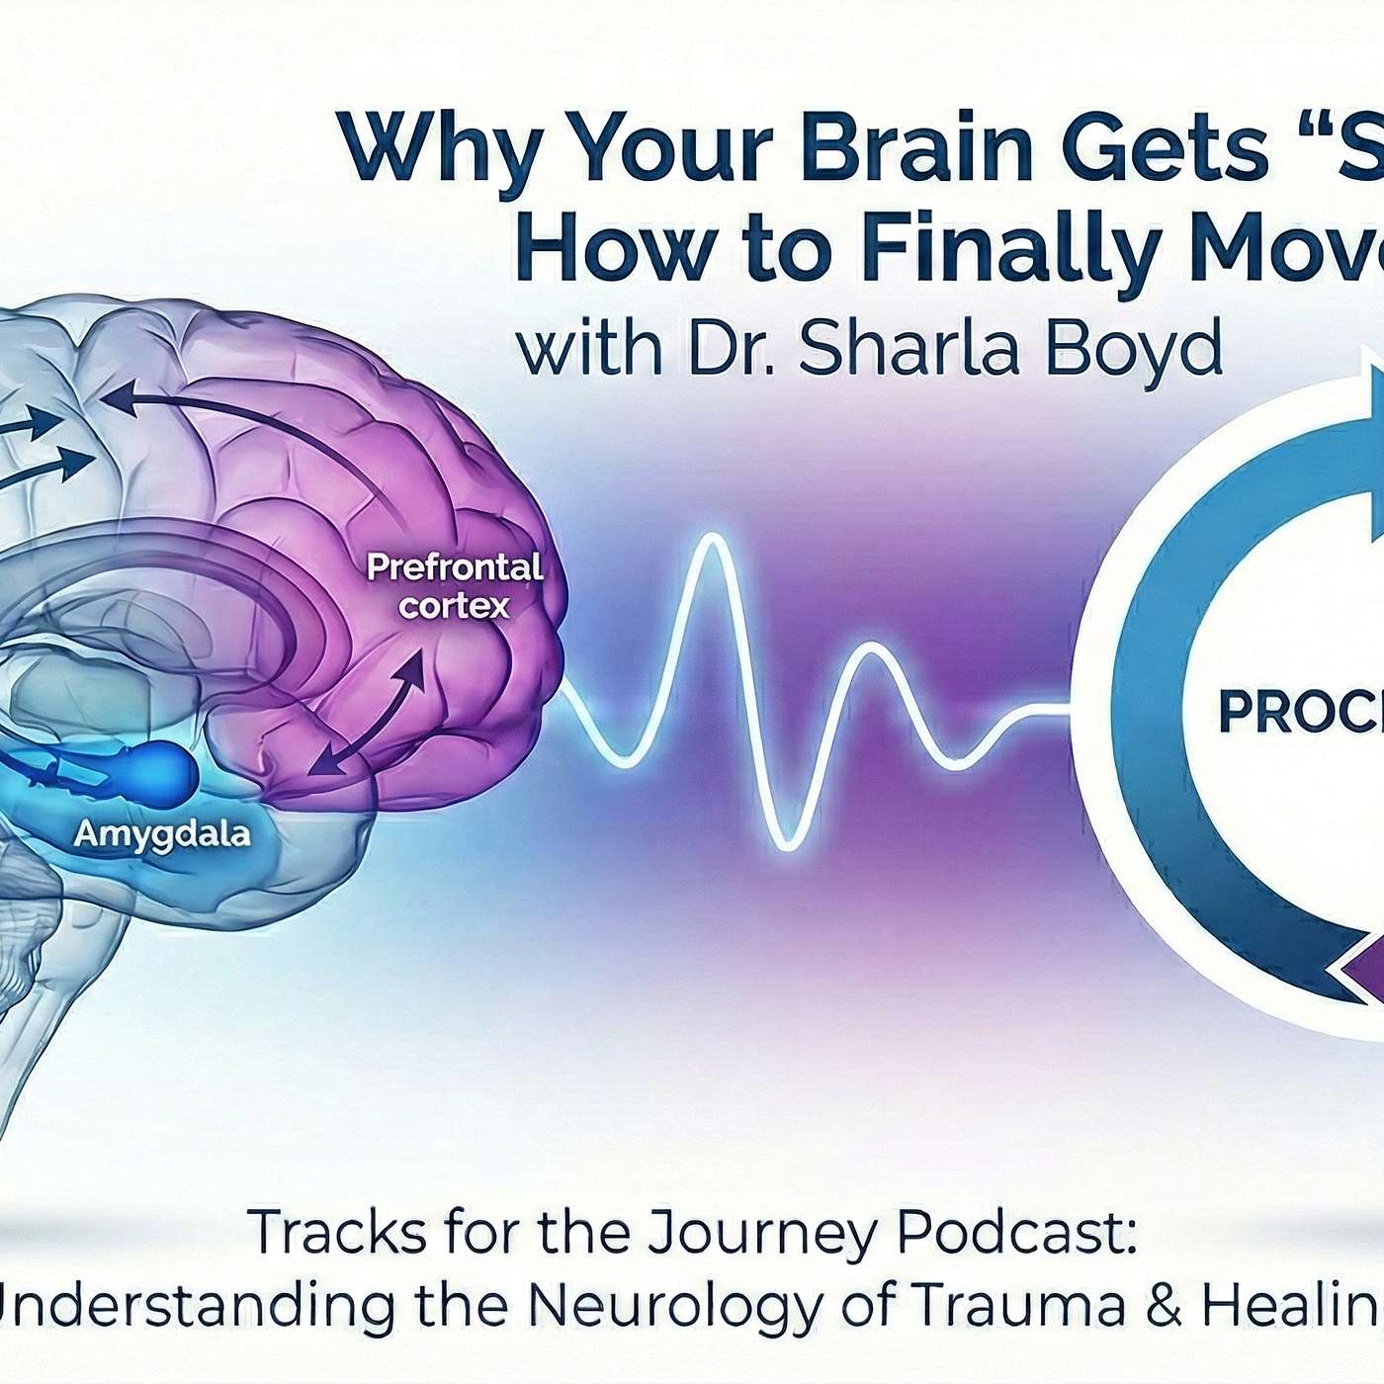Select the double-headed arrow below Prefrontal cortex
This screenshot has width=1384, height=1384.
click(369, 715)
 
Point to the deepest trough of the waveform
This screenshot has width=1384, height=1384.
click(788, 846)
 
